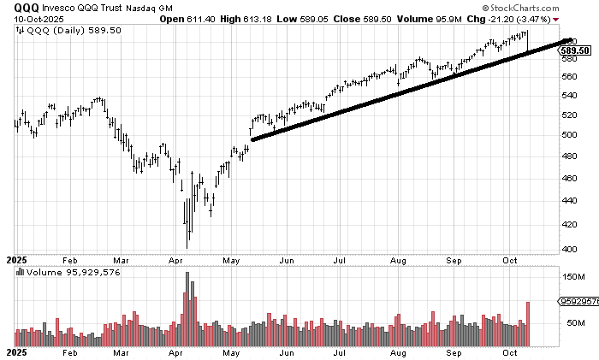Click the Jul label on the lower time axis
[341, 351]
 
